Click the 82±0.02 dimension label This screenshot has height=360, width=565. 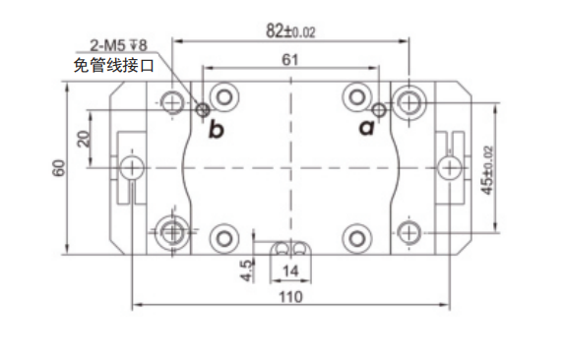click(290, 30)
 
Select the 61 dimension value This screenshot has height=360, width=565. click(290, 60)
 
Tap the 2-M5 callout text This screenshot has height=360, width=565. click(118, 45)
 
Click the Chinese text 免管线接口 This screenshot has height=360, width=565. click(114, 66)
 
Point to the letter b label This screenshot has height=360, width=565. click(217, 130)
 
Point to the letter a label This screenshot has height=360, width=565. click(367, 127)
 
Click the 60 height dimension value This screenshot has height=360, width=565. click(59, 168)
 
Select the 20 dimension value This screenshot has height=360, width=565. click(84, 139)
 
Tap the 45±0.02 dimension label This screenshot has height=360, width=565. click(487, 170)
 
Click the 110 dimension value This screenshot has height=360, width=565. click(290, 297)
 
